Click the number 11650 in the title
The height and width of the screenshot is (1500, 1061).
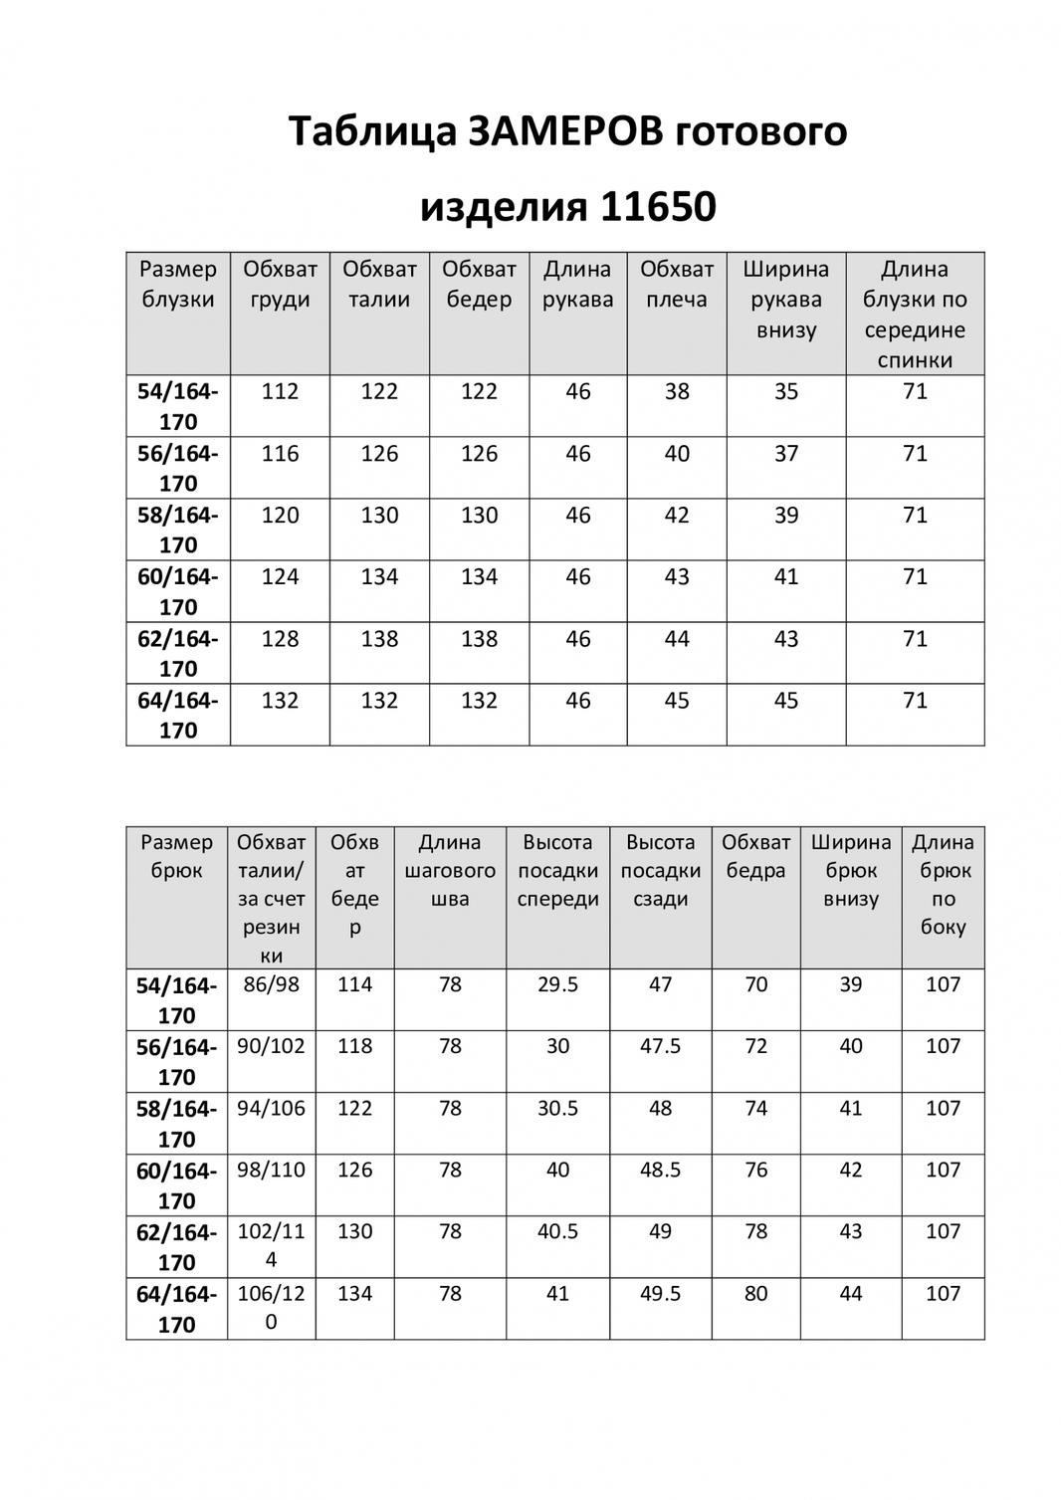coord(657,207)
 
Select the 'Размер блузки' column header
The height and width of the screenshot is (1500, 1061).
coord(178,284)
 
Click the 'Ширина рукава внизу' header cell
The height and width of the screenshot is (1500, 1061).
coord(785,299)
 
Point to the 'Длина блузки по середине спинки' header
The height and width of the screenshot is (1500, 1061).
coord(915,314)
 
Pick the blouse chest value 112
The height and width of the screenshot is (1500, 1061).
coord(280,392)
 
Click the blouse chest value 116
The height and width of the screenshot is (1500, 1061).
coord(280,454)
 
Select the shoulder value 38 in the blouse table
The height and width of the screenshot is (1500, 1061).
coord(677,392)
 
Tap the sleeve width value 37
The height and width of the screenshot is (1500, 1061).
coord(786,454)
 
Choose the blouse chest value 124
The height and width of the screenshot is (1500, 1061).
coord(280,577)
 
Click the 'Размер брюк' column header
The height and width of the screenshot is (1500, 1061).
coord(176,856)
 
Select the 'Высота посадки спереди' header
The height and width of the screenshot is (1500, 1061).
coord(557,870)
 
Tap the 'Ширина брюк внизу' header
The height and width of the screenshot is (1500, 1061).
coord(851,870)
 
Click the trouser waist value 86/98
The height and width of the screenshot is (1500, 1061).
coord(271,984)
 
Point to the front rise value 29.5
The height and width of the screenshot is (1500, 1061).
coord(557,984)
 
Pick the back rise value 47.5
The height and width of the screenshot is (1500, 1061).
coord(660,1046)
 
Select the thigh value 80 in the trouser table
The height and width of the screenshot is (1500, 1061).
coord(755,1294)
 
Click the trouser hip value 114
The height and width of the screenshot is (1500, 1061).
coord(354,984)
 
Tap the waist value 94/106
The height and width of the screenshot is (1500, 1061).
coord(271,1108)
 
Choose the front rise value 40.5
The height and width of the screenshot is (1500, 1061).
coord(557,1231)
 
